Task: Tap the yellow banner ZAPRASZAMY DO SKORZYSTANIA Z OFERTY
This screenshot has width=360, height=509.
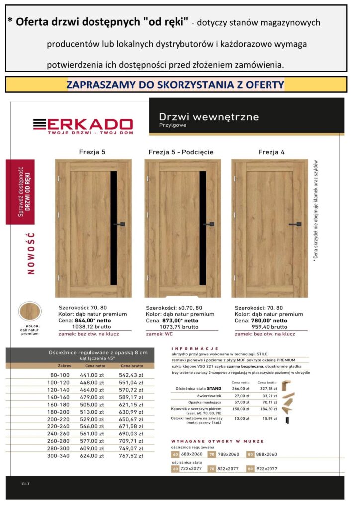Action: [x=175, y=85]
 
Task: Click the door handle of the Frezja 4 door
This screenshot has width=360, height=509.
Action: [x=295, y=224]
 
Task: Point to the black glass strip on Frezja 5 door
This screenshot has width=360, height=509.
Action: [x=113, y=228]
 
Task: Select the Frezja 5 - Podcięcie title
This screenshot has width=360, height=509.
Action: [x=181, y=152]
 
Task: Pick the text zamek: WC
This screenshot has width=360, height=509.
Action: [x=159, y=334]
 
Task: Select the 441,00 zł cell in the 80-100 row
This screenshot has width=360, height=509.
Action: [x=90, y=375]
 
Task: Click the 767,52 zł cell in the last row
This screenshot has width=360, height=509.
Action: [x=131, y=456]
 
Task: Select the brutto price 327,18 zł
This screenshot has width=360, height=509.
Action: [x=266, y=388]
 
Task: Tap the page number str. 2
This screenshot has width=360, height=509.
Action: [x=26, y=483]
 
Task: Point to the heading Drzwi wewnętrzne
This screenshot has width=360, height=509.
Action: [x=209, y=117]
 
